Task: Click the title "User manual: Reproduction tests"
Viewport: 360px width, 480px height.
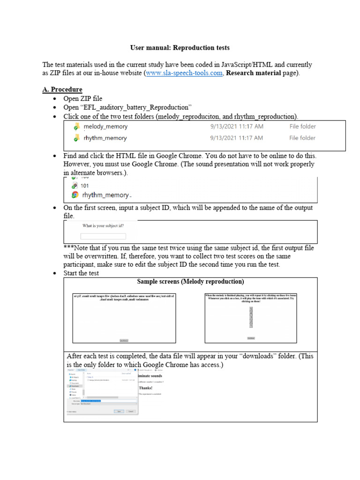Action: click(180, 48)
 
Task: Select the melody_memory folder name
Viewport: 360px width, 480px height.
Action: click(105, 127)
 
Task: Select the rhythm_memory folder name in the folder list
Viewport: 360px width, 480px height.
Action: click(105, 138)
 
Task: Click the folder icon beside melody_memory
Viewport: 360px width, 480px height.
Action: click(76, 127)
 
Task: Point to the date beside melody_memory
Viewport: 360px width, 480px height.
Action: click(237, 127)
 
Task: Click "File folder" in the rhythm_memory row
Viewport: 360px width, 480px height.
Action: click(302, 138)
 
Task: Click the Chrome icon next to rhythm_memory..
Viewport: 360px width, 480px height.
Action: click(75, 195)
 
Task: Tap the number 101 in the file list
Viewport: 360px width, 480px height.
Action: click(85, 186)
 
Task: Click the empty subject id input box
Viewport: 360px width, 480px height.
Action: click(103, 237)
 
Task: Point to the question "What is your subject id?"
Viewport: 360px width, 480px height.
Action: click(103, 225)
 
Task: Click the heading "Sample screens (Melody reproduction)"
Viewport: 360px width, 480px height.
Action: click(190, 282)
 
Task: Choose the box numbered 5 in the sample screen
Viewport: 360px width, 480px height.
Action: click(251, 309)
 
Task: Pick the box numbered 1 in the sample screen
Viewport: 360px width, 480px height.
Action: click(251, 325)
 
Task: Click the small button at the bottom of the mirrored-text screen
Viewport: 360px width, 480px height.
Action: click(124, 340)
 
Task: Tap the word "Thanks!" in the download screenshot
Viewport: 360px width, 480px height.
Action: click(146, 388)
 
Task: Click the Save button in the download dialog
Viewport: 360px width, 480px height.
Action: click(119, 411)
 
